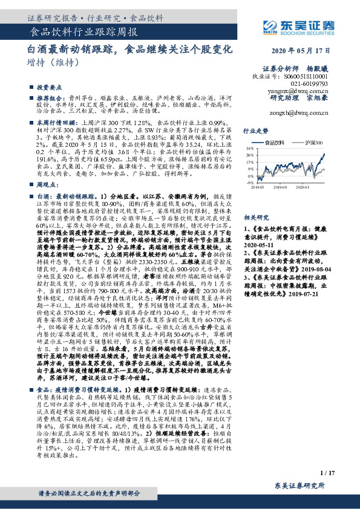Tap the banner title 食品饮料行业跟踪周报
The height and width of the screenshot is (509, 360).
click(x=83, y=31)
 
